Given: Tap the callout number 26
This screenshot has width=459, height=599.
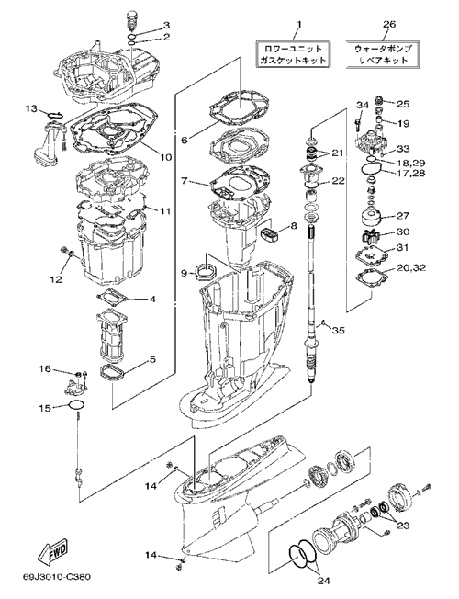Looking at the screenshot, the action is point(389,24).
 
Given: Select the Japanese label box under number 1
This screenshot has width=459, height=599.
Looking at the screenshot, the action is point(292,54).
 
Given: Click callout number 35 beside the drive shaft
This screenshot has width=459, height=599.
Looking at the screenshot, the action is point(338,330).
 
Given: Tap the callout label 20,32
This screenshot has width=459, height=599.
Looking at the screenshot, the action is point(410,267).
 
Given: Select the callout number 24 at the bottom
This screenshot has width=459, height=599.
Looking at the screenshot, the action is point(323,581).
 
